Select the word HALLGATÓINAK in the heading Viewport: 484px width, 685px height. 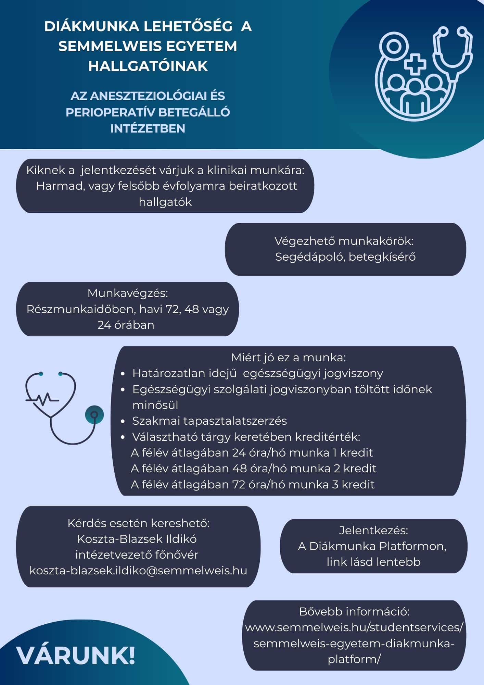tap(148, 66)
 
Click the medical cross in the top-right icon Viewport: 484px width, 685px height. tap(415, 64)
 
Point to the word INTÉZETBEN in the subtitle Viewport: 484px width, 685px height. tap(148, 128)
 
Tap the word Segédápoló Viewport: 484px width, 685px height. tap(309, 257)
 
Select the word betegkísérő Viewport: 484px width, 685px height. tap(382, 257)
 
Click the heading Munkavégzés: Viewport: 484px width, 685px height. tap(128, 293)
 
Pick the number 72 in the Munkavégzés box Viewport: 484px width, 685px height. tap(173, 309)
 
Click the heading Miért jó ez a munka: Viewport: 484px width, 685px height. tap(288, 358)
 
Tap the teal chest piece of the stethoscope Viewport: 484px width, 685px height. tap(94, 415)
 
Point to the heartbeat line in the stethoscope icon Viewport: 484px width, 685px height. tap(42, 399)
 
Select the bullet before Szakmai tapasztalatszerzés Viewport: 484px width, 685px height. tap(123, 421)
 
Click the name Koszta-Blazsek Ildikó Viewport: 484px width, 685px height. tap(137, 539)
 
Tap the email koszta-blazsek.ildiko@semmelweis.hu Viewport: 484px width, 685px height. tap(138, 571)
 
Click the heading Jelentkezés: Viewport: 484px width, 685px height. tap(373, 530)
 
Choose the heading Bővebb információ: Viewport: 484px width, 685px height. tap(354, 611)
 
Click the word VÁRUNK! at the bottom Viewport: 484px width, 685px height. tap(76, 656)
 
